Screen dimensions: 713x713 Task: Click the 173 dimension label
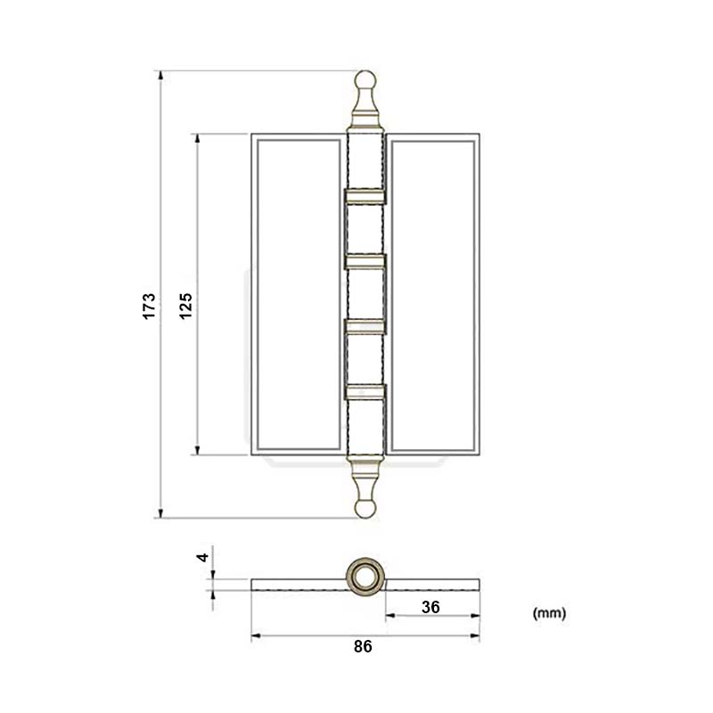pos(150,304)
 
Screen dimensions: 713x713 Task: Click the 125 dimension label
pos(185,304)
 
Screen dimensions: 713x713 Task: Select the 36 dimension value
pos(431,607)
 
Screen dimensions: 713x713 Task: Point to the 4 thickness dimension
pos(203,557)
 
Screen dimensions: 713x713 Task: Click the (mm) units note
pos(549,613)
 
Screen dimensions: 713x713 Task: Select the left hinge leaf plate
pos(297,294)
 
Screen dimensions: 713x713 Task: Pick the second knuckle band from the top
pos(365,260)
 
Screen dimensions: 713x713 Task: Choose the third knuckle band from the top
pos(365,324)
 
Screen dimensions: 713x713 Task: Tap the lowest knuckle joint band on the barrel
pos(365,389)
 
